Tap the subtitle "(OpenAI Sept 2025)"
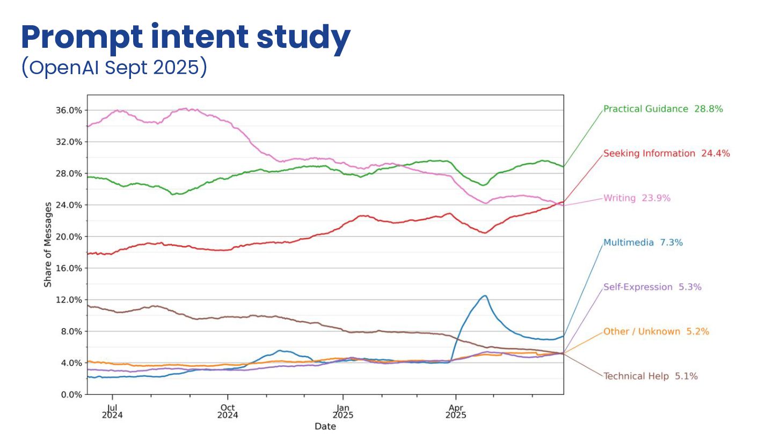(114, 68)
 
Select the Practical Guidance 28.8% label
(663, 108)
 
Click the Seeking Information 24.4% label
(666, 153)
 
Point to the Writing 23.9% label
(637, 198)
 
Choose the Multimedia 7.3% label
(643, 243)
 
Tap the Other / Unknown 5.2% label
(656, 331)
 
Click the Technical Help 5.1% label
(651, 376)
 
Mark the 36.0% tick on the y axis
(69, 110)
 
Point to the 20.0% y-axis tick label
(69, 236)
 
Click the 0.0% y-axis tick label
(71, 394)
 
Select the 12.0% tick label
(69, 300)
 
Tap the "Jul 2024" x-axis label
(112, 411)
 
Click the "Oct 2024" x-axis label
(228, 411)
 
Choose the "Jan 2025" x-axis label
(342, 411)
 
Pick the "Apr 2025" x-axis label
(456, 411)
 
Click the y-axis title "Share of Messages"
(48, 244)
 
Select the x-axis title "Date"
(325, 426)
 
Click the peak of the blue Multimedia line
(485, 295)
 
